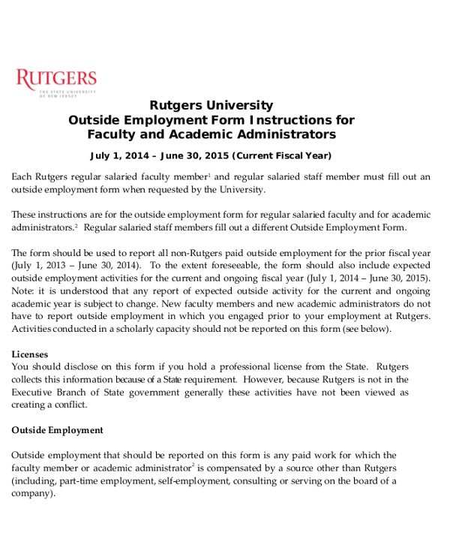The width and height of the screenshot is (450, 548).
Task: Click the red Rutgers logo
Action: coord(56,80)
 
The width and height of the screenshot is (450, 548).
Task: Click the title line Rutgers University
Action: coord(211,105)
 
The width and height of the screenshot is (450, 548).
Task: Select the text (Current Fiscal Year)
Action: coord(281,155)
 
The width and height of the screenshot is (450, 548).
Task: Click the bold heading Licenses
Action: coord(30,354)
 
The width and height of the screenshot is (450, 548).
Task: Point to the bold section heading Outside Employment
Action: coord(57,430)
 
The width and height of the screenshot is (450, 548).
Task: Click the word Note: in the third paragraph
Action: coord(24,290)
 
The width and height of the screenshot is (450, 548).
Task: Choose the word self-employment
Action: coord(190,481)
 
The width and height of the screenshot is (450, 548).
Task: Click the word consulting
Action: coord(257,481)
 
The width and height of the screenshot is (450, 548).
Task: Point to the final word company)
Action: coord(33,494)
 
